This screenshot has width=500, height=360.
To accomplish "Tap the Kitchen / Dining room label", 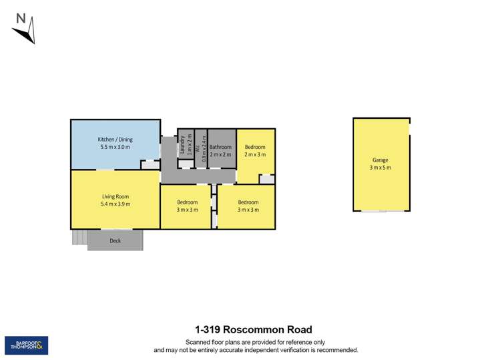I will pyautogui.click(x=115, y=140).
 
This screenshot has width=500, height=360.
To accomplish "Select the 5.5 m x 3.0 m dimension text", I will pyautogui.click(x=115, y=147).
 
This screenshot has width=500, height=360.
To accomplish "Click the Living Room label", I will pyautogui.click(x=115, y=196).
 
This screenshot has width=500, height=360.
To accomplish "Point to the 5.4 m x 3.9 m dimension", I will pyautogui.click(x=115, y=204).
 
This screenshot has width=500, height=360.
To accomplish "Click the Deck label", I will pyautogui.click(x=115, y=240).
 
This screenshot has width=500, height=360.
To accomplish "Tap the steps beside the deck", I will pyautogui.click(x=79, y=237).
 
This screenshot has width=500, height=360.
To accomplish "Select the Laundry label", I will pyautogui.click(x=182, y=146).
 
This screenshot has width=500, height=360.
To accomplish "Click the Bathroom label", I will pyautogui.click(x=220, y=147).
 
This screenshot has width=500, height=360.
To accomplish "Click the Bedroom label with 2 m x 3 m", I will pyautogui.click(x=255, y=147).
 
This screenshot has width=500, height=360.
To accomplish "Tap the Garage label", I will pyautogui.click(x=381, y=160).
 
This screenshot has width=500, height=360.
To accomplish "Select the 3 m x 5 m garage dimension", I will pyautogui.click(x=381, y=168).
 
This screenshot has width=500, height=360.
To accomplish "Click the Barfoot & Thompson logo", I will pyautogui.click(x=26, y=345).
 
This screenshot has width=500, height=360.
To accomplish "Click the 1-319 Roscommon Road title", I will pyautogui.click(x=254, y=329).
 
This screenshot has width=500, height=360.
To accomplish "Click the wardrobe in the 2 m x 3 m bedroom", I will pyautogui.click(x=266, y=179).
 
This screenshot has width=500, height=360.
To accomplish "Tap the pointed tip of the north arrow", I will pyautogui.click(x=33, y=43).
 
